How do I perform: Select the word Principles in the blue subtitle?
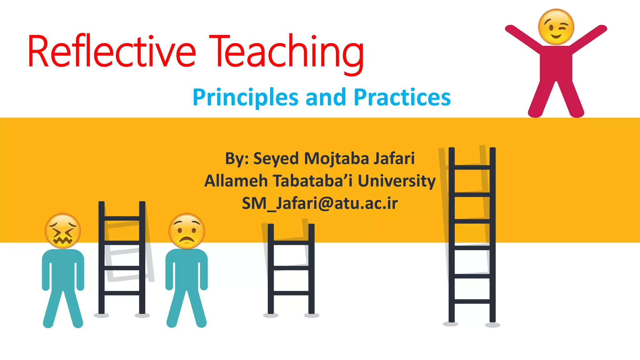tap(245, 97)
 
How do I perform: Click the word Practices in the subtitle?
tap(402, 97)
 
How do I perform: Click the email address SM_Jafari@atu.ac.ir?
tap(320, 203)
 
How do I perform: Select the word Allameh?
tap(236, 181)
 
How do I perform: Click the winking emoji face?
tap(556, 27)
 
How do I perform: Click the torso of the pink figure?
tap(556, 64)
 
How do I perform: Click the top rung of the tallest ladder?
tap(472, 167)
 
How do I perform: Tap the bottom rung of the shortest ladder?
tap(291, 293)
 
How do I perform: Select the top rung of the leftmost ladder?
tap(122, 218)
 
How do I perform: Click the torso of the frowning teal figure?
tap(187, 269)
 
